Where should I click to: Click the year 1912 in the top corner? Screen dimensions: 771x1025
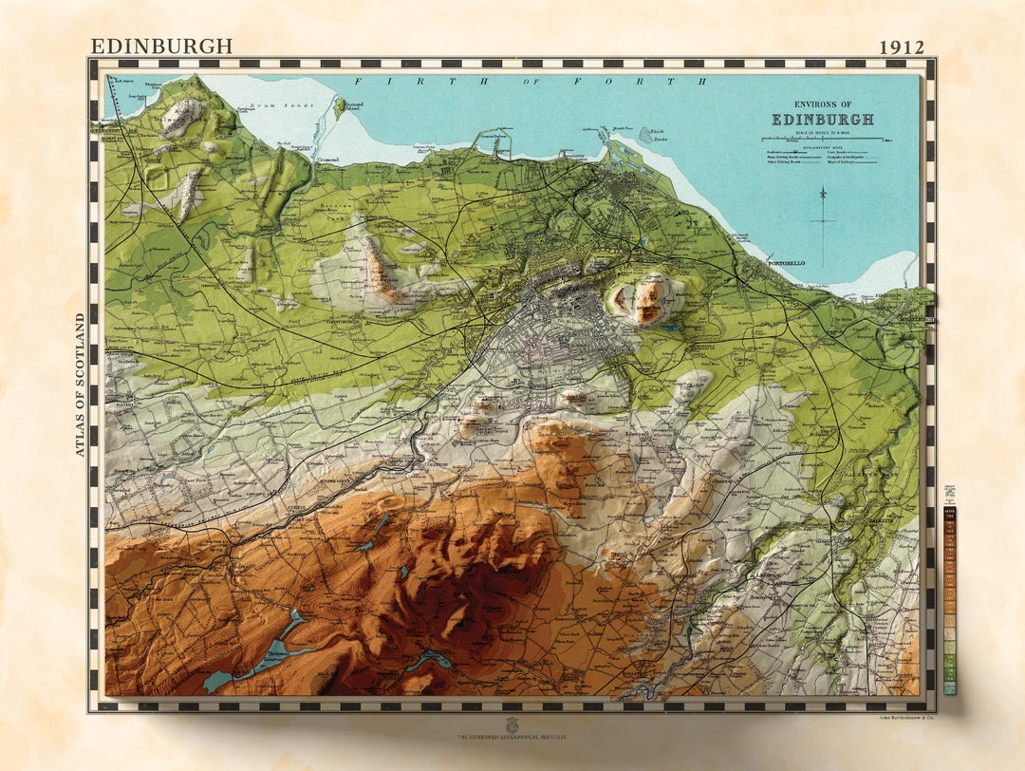pyautogui.click(x=901, y=47)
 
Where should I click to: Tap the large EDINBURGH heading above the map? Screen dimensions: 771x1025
pyautogui.click(x=161, y=46)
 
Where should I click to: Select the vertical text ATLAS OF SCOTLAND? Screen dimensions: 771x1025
pyautogui.click(x=81, y=385)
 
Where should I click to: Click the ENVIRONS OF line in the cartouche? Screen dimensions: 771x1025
pyautogui.click(x=822, y=104)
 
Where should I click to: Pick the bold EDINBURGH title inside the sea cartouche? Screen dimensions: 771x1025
pyautogui.click(x=822, y=121)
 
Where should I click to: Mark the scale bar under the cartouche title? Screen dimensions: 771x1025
pyautogui.click(x=822, y=141)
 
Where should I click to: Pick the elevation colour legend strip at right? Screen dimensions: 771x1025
pyautogui.click(x=950, y=598)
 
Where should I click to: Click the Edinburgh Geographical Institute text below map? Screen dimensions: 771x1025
pyautogui.click(x=512, y=737)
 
